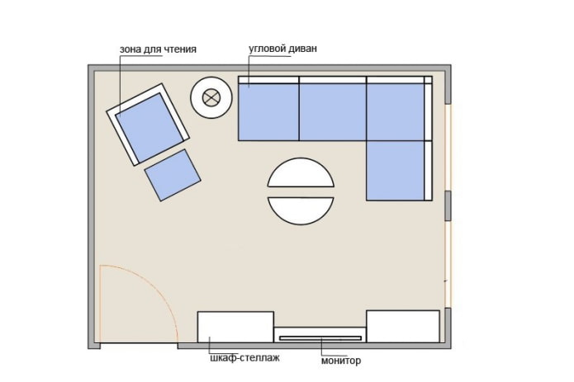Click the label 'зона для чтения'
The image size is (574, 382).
click(x=158, y=50)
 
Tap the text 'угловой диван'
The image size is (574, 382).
click(x=283, y=50)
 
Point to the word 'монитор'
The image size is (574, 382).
click(x=341, y=361)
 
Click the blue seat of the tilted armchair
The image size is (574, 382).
click(x=149, y=125)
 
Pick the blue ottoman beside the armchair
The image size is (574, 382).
click(x=173, y=175)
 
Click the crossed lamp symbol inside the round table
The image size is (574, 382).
click(x=212, y=98)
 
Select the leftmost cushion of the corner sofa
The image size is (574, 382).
click(x=268, y=111)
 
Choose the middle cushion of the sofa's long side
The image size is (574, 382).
click(x=332, y=111)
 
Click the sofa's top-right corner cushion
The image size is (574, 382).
click(x=396, y=111)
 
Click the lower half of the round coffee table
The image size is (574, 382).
click(x=301, y=209)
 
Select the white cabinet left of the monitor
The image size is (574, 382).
click(x=235, y=327)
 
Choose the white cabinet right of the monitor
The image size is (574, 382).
click(x=403, y=326)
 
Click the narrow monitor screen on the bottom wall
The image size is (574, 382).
click(x=320, y=337)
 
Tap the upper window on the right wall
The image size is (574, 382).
click(x=447, y=149)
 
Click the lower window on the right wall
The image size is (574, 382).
click(x=447, y=264)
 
